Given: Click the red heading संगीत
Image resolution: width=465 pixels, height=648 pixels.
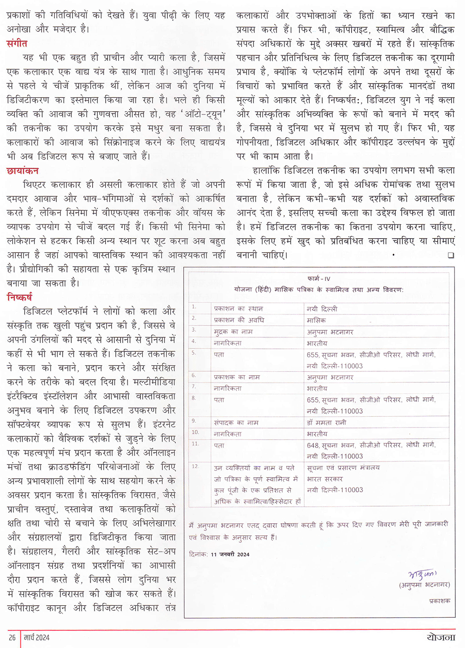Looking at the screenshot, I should (17, 44).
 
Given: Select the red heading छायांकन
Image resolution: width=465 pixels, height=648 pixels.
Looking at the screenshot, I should (22, 171).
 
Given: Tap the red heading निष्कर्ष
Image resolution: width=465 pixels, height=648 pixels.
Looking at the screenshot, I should (20, 297).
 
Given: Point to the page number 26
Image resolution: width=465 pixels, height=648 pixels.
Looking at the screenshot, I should (13, 637).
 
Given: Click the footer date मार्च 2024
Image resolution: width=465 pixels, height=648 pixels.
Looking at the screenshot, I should (37, 637).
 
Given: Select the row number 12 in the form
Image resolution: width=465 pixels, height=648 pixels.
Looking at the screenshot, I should (195, 466).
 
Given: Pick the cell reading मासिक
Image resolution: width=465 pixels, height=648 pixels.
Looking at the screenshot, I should (316, 320).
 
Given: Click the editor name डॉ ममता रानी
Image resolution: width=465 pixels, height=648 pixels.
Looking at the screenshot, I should (326, 422).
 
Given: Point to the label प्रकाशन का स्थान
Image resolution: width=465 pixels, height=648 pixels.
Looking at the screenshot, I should (238, 308).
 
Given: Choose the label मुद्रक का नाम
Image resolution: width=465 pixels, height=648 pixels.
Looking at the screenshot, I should (233, 332).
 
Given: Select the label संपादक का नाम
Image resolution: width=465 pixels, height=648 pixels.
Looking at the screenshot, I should (236, 422).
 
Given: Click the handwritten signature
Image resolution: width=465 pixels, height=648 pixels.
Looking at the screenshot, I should (422, 575).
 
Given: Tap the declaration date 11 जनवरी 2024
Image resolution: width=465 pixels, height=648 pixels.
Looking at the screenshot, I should (230, 554).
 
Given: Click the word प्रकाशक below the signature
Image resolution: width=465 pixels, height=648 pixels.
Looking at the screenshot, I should (439, 601).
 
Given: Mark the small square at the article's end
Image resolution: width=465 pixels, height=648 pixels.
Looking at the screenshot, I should (451, 255).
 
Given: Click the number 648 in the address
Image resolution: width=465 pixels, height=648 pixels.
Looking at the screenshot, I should (312, 445).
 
